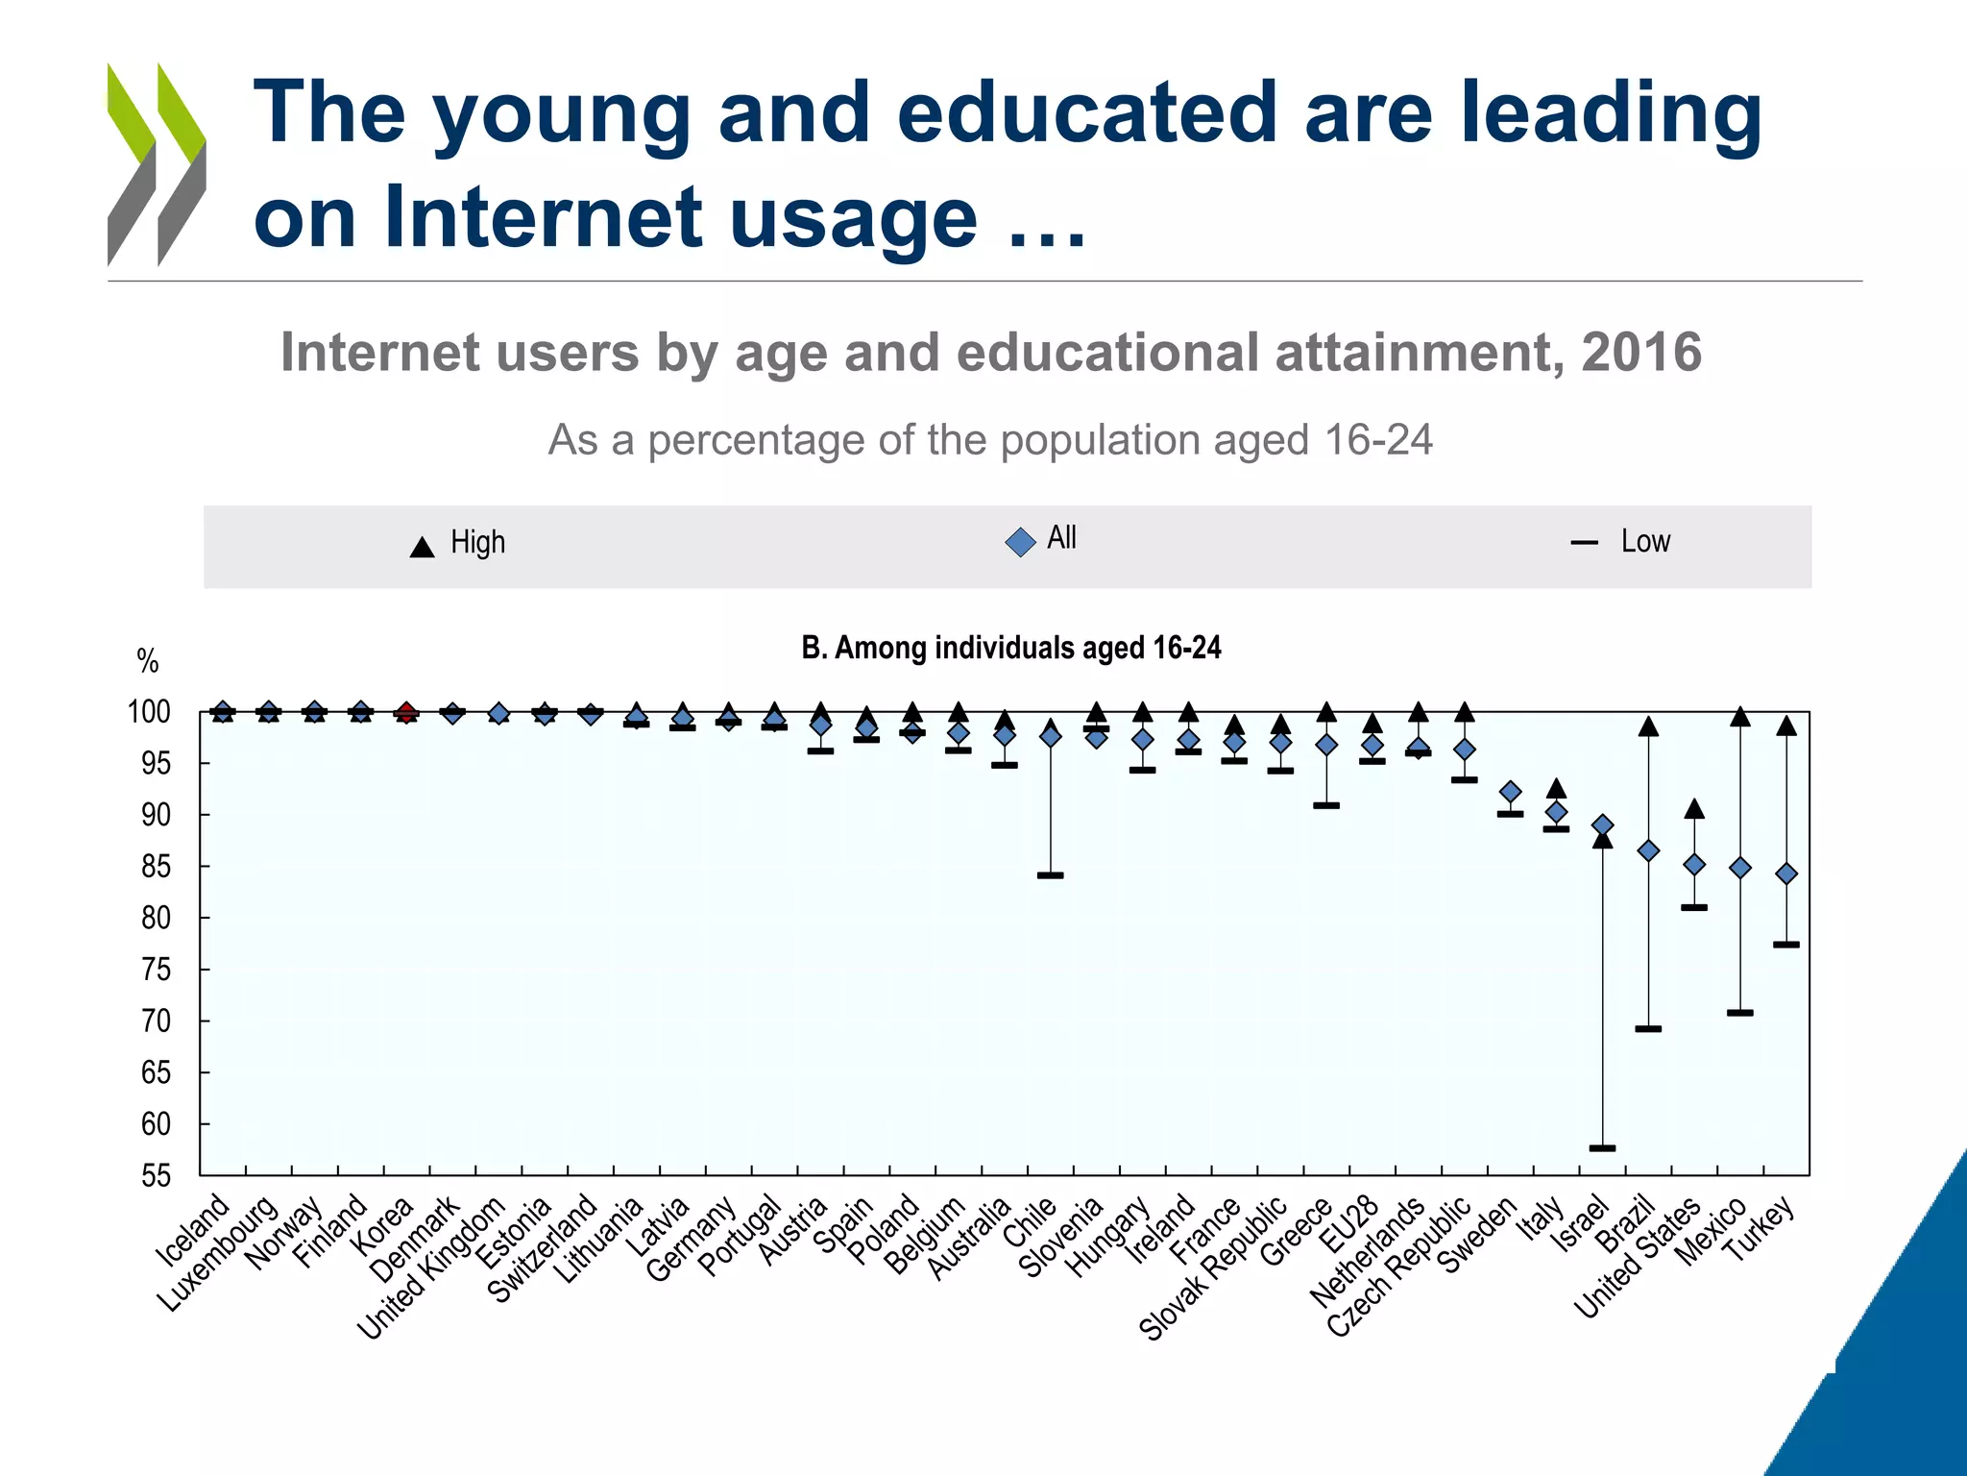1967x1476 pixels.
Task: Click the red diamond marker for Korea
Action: pos(406,712)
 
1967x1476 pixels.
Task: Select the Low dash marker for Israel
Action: pos(1602,1147)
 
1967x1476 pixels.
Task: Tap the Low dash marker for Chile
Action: pos(1050,875)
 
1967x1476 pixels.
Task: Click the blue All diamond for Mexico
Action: pos(1739,868)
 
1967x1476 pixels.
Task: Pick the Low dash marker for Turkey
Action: pos(1785,945)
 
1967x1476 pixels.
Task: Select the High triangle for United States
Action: pos(1694,809)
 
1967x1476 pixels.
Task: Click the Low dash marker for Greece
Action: pos(1326,805)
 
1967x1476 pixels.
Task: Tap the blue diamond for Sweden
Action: pos(1510,792)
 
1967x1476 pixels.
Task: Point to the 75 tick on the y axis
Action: pos(201,969)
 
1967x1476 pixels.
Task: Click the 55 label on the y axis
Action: pos(156,1175)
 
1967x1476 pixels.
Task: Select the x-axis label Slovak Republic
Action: pos(1213,1268)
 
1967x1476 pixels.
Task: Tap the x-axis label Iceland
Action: pos(193,1231)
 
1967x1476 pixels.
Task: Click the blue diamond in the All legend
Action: pos(1020,542)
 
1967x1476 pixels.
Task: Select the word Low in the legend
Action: pos(1645,541)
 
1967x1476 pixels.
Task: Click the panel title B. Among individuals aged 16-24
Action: pos(1010,648)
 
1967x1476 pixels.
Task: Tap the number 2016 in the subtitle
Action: pos(1641,352)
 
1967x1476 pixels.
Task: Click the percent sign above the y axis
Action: pos(147,661)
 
